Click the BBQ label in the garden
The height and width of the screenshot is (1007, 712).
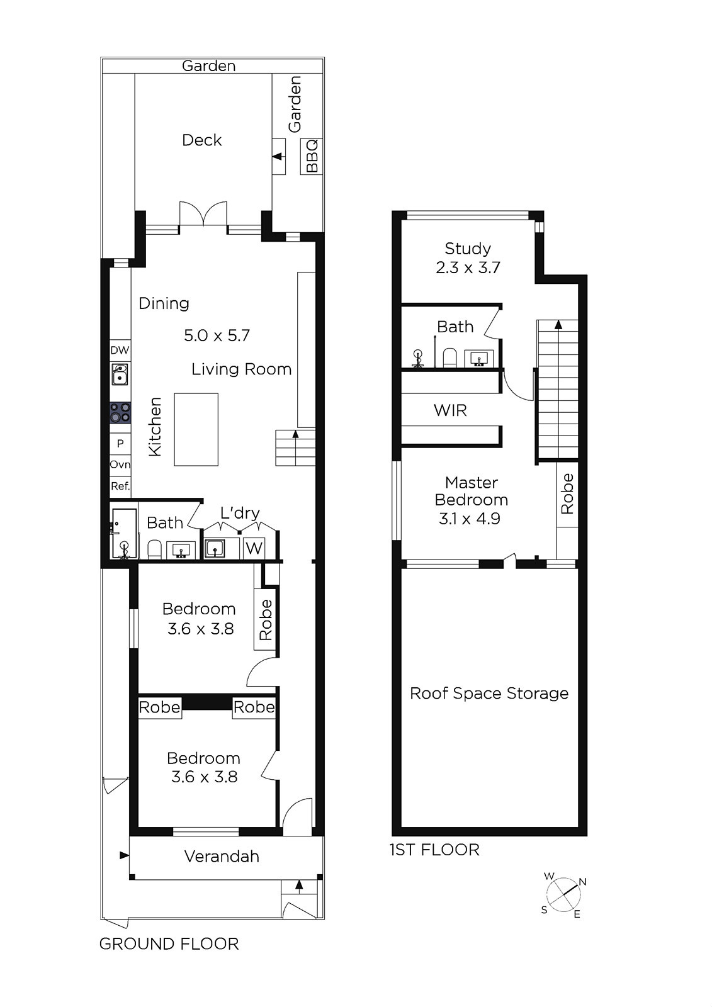point(312,156)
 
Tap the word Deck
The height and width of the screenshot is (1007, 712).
point(201,140)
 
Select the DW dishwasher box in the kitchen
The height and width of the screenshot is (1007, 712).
point(120,350)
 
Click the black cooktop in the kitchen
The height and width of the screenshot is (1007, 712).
point(120,413)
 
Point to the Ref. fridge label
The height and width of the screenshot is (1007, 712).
point(120,486)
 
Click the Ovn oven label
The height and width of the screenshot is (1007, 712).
point(120,464)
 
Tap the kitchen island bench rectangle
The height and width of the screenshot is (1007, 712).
point(196,429)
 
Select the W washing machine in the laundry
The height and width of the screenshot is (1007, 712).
point(254,548)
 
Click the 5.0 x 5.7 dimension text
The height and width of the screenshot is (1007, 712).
point(217,335)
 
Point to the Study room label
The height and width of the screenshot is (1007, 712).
point(468,249)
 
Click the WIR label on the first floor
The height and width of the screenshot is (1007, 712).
point(450,410)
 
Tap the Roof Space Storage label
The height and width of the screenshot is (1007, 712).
point(489,693)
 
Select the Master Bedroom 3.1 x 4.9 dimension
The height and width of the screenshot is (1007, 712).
point(470,519)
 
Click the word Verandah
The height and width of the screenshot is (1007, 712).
point(222,857)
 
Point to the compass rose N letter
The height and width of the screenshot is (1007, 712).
point(582,882)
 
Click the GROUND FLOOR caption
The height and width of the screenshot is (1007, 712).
point(169,944)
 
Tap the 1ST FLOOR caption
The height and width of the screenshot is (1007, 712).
point(434,850)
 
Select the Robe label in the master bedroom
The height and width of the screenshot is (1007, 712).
point(567,493)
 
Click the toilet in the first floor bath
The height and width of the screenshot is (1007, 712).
point(449,358)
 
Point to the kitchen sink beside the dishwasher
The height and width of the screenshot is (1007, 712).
point(120,374)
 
